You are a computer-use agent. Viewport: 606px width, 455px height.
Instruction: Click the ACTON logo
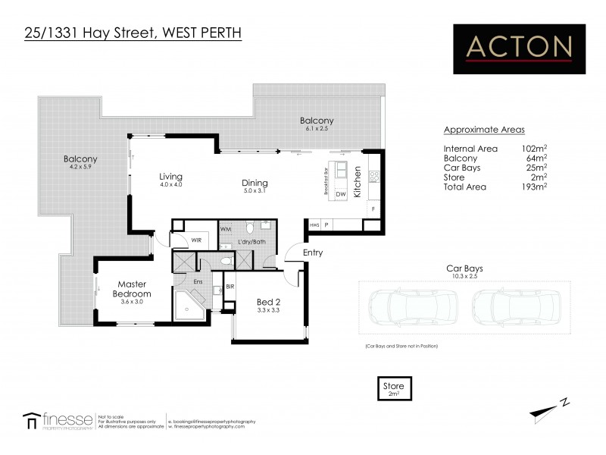[519, 49]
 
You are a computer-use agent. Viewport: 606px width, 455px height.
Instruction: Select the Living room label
[170, 177]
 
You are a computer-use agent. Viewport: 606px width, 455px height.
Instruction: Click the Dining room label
[255, 183]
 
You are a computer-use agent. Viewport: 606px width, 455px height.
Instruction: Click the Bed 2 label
[270, 302]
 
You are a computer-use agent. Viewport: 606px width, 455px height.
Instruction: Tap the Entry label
[313, 253]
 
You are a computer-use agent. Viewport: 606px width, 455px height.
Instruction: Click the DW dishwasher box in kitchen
[340, 194]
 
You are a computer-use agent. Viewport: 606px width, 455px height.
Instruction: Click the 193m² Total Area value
[536, 187]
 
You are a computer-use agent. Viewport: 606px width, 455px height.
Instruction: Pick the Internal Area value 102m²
[536, 149]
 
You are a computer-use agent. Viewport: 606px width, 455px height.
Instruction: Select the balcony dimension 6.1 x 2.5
[316, 130]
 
